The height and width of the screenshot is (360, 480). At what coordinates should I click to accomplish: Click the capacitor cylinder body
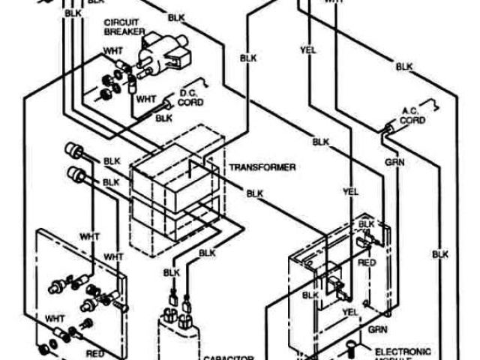click(x=178, y=337)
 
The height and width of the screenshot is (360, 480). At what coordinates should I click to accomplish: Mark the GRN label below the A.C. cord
click(x=391, y=160)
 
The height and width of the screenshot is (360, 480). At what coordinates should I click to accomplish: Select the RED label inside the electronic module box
click(x=367, y=263)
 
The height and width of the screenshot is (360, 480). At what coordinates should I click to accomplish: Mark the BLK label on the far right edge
click(x=439, y=255)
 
